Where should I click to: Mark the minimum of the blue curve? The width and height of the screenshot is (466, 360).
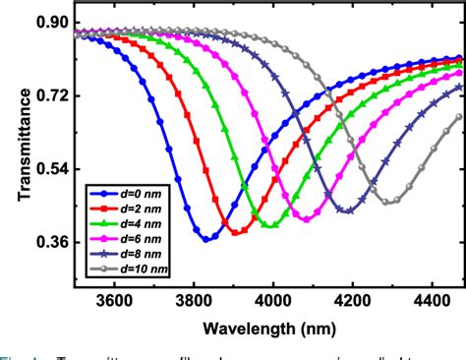coord(207,239)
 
